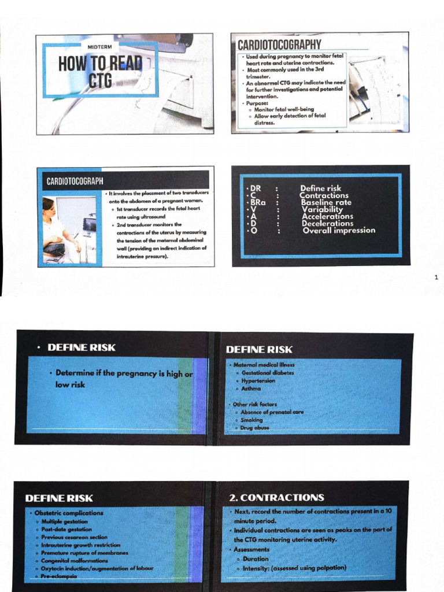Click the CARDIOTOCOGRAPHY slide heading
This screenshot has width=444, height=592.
(x=279, y=45)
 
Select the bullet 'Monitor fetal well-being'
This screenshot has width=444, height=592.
(x=284, y=109)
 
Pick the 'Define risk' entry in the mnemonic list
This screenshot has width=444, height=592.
(x=320, y=188)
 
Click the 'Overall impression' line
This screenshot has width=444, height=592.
(x=339, y=230)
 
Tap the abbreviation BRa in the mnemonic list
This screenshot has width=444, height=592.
(x=258, y=202)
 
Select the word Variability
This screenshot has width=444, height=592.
(x=323, y=209)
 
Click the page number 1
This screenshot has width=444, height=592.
(x=436, y=278)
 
